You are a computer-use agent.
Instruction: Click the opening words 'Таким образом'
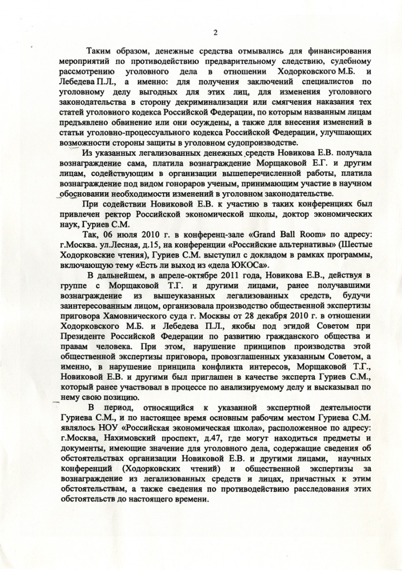coord(116,52)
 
